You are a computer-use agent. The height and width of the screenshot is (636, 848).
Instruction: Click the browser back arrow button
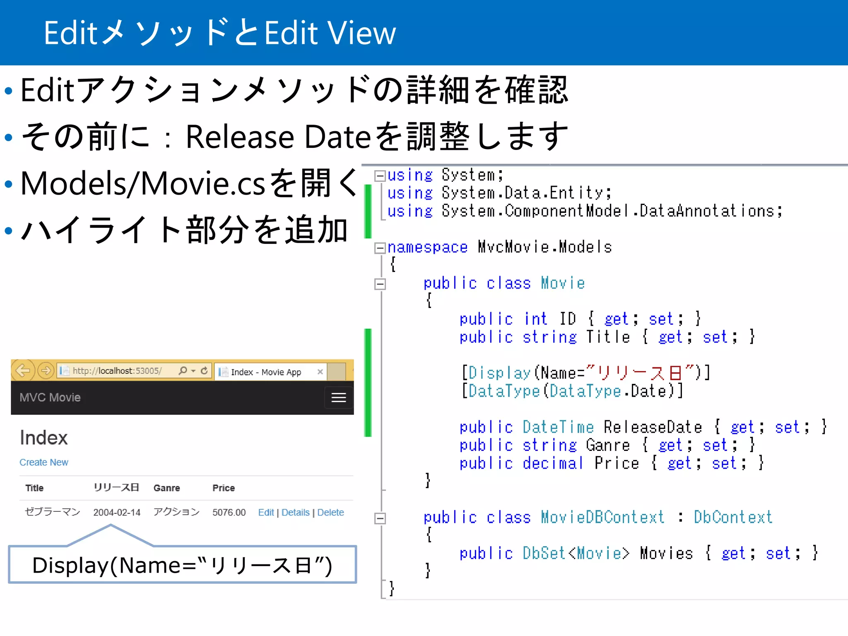(23, 370)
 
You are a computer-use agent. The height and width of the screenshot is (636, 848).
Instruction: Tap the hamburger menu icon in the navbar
(338, 397)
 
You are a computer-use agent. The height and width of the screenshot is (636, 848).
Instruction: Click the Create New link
(44, 462)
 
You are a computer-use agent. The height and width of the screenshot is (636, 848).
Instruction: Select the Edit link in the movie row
(266, 512)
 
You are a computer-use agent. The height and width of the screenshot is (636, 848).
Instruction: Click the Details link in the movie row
(295, 512)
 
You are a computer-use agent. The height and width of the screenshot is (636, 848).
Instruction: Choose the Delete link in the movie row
(330, 512)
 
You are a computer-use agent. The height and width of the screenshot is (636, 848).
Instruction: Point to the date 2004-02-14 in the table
(117, 512)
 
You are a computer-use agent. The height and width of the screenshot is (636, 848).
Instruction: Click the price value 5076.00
(229, 512)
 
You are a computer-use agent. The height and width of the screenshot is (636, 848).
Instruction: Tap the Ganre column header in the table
(166, 488)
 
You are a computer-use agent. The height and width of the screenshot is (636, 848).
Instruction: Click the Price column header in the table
(224, 488)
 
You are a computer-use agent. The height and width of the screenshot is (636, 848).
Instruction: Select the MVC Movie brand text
(50, 397)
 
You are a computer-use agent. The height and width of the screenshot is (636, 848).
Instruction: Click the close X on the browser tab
(320, 372)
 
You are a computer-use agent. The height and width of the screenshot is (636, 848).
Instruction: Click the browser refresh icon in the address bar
(204, 371)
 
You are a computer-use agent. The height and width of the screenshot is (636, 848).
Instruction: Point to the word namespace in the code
(427, 248)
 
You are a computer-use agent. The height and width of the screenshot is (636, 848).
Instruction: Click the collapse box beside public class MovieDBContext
(380, 518)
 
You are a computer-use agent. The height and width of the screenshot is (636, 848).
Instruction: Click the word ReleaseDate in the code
(653, 427)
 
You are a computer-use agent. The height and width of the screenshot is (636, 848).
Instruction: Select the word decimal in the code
(552, 463)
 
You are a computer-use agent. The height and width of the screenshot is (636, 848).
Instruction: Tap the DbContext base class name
(733, 517)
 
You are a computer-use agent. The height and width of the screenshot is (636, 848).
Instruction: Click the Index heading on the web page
(43, 438)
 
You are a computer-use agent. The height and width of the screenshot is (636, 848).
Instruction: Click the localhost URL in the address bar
(117, 371)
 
